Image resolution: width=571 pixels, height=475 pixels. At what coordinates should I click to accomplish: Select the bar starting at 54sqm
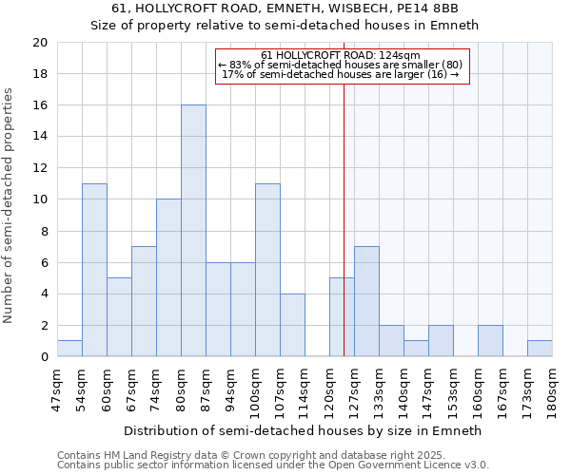coord(94,270)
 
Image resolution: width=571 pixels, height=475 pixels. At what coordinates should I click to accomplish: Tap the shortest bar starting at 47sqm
coord(69,349)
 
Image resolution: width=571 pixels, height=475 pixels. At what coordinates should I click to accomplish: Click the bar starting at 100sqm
coord(267,270)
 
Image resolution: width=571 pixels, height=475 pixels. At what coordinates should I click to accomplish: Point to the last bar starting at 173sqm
coord(540,349)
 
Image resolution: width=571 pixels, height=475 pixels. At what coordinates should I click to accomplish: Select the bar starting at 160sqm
coord(490,341)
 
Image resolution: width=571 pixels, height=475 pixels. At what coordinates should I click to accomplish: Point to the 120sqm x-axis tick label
coord(329,389)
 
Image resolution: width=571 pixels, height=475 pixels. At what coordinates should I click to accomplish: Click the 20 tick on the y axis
coord(39,43)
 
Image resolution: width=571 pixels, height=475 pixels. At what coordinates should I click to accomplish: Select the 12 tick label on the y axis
coord(39,168)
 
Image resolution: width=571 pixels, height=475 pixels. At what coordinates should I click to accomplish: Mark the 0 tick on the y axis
coord(43,357)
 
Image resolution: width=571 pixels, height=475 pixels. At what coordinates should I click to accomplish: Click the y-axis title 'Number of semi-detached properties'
coord(9,205)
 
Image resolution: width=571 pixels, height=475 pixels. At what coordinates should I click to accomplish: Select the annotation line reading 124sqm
coord(340,55)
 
